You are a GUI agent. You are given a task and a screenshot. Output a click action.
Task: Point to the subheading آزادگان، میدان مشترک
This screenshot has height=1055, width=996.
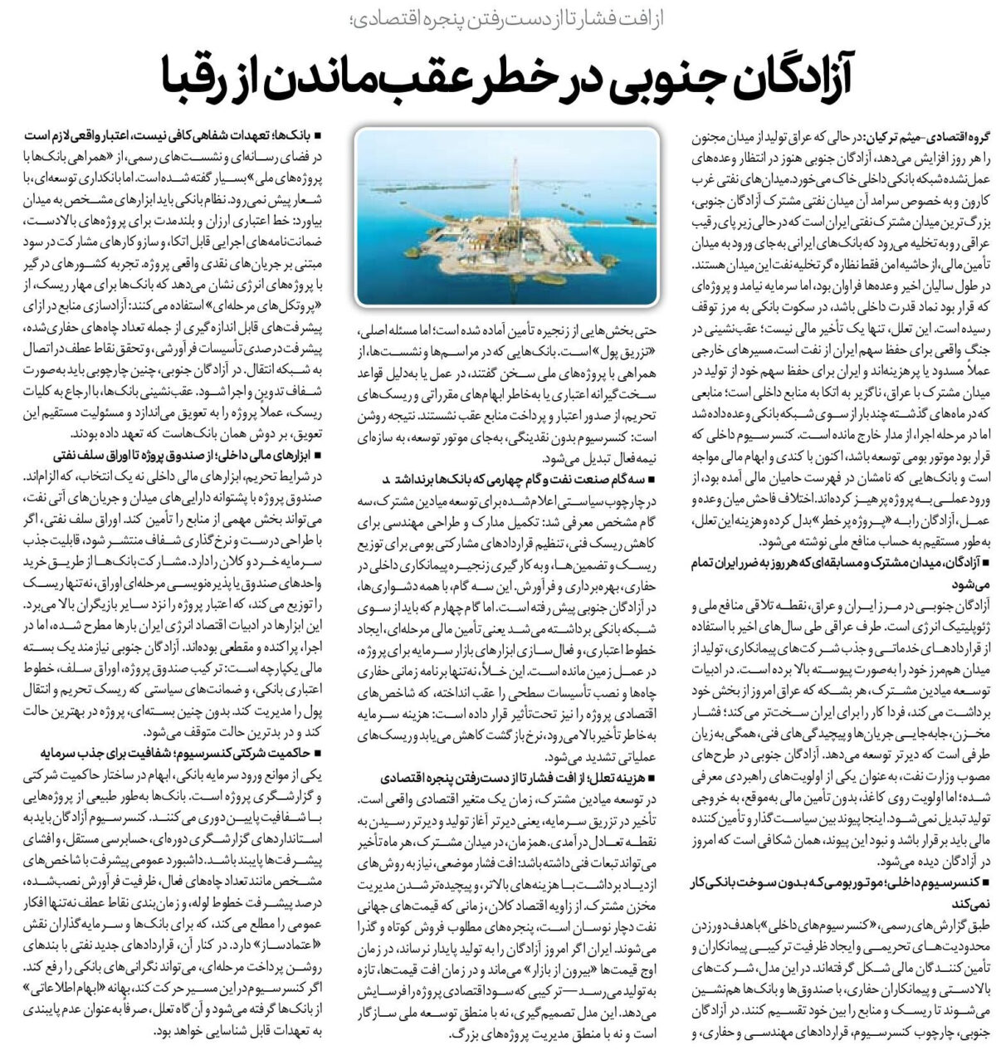point(830,564)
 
